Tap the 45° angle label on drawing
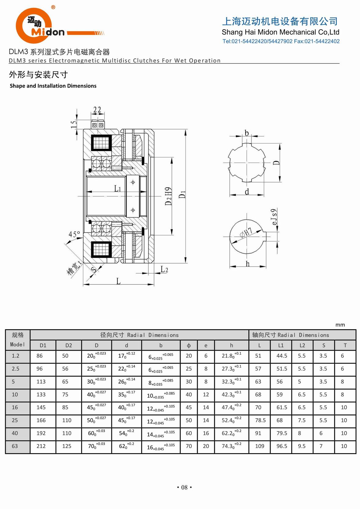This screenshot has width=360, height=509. [74, 234]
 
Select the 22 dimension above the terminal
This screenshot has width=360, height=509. [97, 110]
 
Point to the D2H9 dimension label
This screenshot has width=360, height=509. [168, 196]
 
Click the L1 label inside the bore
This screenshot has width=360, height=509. [117, 189]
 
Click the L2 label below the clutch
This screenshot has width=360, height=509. [164, 269]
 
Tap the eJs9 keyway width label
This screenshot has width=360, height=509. [274, 217]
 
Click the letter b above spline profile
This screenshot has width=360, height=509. [247, 133]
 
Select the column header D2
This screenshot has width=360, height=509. [69, 345]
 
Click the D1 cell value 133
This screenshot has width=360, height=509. [41, 394]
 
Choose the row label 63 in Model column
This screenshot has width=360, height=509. [15, 446]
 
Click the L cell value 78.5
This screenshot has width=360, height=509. [260, 420]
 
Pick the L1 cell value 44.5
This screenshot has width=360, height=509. [282, 356]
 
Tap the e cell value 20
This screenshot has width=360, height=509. [206, 446]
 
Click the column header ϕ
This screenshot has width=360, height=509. [189, 345]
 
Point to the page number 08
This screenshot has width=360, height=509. [184, 487]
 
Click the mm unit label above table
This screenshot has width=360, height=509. [340, 325]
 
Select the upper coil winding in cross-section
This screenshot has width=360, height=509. [101, 143]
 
